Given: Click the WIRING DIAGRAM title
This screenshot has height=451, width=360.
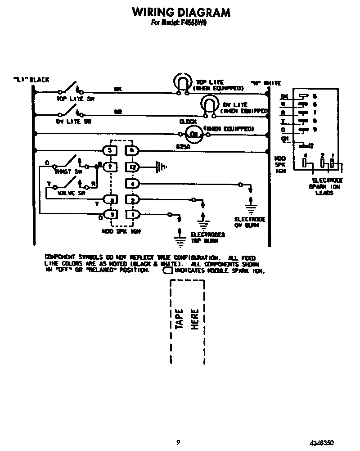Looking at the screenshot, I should click(181, 12).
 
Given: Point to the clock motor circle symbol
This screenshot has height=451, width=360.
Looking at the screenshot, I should click(194, 132).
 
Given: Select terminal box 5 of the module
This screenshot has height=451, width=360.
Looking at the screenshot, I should click(111, 151).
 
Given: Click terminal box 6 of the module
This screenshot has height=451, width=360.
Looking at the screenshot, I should click(132, 151).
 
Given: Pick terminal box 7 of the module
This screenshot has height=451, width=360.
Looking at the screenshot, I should click(111, 167).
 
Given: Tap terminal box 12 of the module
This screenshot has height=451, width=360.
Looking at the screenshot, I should click(132, 167).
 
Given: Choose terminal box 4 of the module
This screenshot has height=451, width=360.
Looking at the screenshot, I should click(132, 183).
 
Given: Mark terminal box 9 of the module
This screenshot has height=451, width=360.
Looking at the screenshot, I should click(111, 214).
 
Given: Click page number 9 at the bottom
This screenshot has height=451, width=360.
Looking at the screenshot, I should click(178, 442).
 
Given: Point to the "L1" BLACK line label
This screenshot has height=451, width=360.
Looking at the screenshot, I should click(31, 80).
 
